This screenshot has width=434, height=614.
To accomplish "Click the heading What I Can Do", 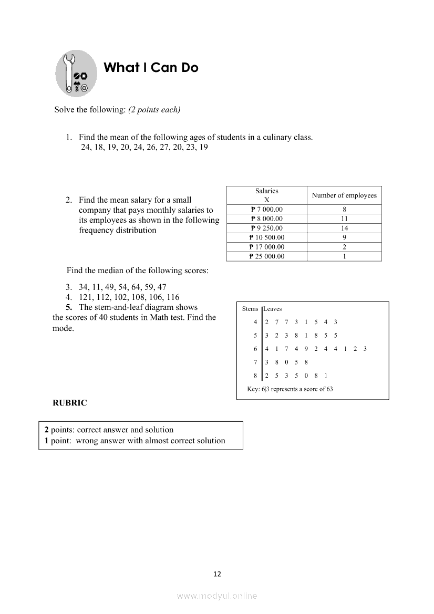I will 151,68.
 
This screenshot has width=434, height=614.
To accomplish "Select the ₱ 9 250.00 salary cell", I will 266,228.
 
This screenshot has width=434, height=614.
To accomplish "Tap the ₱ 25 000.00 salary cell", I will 266,256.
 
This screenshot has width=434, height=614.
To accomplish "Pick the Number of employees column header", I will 344,195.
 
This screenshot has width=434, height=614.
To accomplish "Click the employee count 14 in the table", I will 344,228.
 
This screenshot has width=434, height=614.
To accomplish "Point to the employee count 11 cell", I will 344,218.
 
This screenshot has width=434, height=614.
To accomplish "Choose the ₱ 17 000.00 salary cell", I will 266,247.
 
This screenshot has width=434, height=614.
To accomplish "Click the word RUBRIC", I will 70,403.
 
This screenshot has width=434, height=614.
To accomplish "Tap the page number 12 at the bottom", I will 217,574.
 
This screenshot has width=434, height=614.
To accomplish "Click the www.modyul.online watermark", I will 217,596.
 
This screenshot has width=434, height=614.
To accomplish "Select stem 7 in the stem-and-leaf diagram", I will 255,362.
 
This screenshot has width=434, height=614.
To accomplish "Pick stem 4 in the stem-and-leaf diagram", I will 255,322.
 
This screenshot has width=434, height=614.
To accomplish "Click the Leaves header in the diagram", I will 273,309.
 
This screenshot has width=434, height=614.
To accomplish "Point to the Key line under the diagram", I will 290,389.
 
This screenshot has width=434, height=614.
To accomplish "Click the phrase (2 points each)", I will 154,110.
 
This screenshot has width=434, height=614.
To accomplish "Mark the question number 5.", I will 68,307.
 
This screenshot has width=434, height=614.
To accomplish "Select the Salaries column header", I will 266,195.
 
